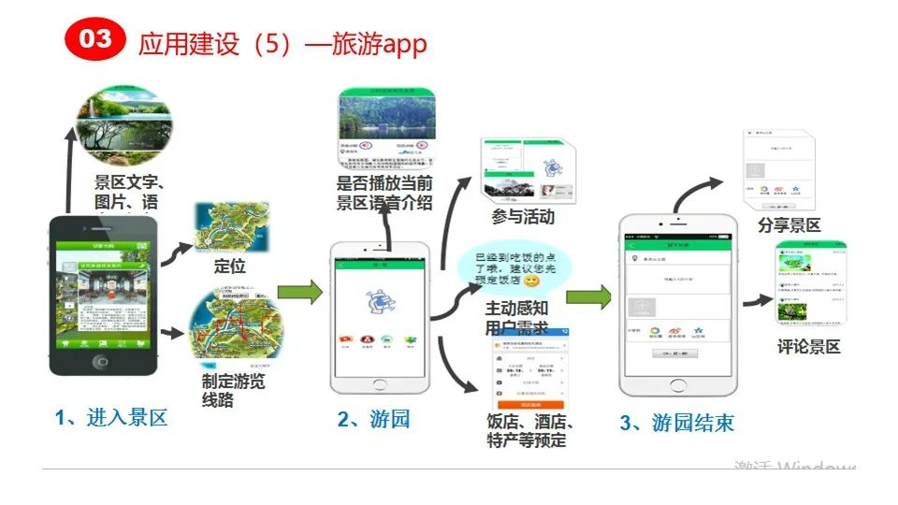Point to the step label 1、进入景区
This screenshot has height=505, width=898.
click(x=111, y=418)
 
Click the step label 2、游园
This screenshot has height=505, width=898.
click(x=373, y=419)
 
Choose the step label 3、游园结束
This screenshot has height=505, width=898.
click(x=676, y=423)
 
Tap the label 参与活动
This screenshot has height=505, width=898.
click(x=523, y=218)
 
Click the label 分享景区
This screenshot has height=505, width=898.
click(x=789, y=225)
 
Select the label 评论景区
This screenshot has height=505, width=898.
click(x=808, y=347)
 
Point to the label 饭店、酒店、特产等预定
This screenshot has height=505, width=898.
click(x=530, y=430)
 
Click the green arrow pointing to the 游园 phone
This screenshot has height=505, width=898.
click(x=299, y=293)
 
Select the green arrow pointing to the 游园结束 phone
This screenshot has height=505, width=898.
click(x=588, y=297)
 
